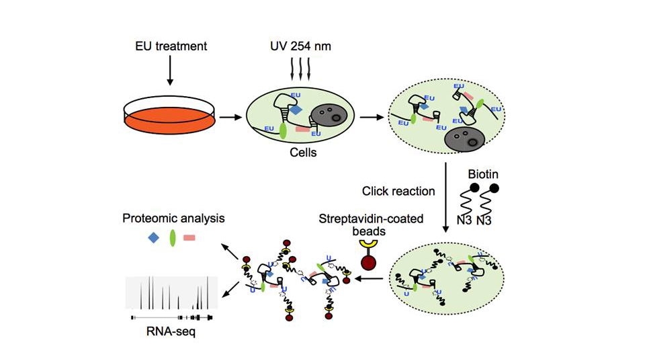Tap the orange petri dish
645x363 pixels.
click(169, 116)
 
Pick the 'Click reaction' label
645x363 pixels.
click(398, 191)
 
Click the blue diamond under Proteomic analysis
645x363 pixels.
click(154, 237)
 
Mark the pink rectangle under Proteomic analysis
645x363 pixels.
click(190, 237)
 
